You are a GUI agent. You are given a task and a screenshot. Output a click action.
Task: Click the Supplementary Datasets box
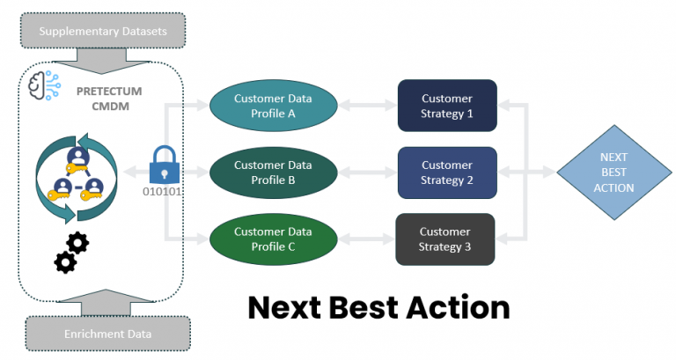103,31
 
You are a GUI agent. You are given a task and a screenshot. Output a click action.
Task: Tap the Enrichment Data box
107,334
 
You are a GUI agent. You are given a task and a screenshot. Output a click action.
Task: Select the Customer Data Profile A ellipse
274,106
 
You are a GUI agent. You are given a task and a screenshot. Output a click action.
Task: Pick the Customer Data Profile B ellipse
274,173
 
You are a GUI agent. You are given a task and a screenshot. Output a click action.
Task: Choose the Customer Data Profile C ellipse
274,239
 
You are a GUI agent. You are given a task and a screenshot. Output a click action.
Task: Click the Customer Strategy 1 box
447,106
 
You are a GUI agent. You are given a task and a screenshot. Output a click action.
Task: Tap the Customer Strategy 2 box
447,173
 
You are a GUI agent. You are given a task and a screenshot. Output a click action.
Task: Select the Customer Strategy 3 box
445,239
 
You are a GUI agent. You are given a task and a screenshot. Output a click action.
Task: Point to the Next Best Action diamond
614,173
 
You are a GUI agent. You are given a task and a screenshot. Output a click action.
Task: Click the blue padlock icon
165,165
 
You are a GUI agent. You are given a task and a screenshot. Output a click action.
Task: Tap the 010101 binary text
162,191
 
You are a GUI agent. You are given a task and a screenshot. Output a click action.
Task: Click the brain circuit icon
44,85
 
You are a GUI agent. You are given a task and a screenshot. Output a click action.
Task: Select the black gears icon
71,253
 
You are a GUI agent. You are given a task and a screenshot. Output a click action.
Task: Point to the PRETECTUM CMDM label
109,99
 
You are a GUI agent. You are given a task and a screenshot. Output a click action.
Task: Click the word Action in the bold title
458,307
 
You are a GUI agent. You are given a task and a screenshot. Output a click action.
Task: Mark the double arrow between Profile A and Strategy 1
367,106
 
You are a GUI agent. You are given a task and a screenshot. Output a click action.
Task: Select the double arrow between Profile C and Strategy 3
366,239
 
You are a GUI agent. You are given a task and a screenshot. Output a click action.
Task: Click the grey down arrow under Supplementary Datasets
102,61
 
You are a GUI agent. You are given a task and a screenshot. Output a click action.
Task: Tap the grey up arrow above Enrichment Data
106,303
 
